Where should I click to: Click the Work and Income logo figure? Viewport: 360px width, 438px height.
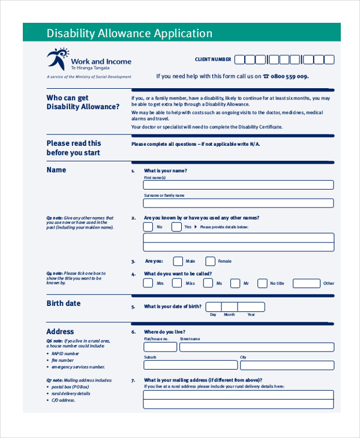click(58, 59)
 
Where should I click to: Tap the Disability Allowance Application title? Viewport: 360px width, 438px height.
click(130, 34)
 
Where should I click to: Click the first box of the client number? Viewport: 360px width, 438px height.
click(239, 59)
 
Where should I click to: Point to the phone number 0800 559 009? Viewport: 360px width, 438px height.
click(290, 76)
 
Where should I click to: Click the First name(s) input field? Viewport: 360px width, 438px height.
click(238, 185)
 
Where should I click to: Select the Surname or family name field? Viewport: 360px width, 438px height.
click(238, 203)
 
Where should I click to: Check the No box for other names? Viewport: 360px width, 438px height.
click(148, 227)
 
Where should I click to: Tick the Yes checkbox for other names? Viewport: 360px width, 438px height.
click(176, 227)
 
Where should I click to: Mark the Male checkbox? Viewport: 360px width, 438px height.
click(178, 261)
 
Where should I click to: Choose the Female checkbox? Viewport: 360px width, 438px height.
click(210, 261)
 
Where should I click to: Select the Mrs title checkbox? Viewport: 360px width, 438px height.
click(148, 283)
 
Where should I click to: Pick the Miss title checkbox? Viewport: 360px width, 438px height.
click(177, 283)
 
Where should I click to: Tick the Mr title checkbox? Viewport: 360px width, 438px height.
click(235, 283)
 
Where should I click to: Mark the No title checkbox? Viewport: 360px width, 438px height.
click(262, 283)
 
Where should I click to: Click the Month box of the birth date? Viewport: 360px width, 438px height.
click(229, 307)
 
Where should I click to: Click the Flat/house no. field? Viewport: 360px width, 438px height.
click(160, 347)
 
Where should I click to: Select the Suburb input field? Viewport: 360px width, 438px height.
click(190, 364)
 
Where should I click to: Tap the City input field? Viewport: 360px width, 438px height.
click(287, 364)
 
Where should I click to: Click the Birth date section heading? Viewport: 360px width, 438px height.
click(64, 304)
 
